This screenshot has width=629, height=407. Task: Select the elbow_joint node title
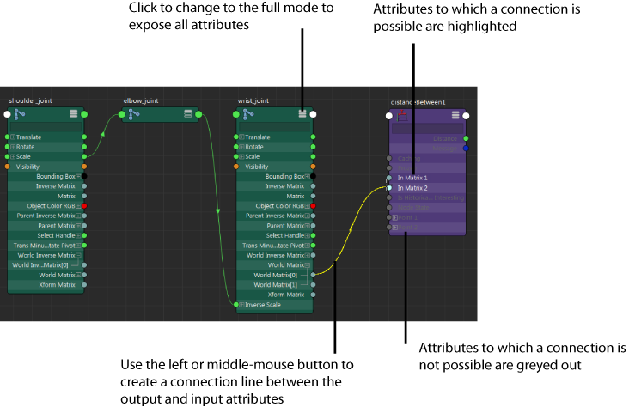click(141, 100)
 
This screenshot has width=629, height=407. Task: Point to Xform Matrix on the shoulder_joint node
click(58, 285)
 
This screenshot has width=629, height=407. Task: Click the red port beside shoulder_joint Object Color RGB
click(83, 206)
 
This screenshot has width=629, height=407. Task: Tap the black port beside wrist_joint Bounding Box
click(313, 177)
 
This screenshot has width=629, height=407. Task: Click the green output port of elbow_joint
click(198, 114)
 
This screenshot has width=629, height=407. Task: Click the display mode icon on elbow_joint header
click(187, 114)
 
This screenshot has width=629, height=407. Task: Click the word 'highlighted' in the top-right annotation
click(486, 27)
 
